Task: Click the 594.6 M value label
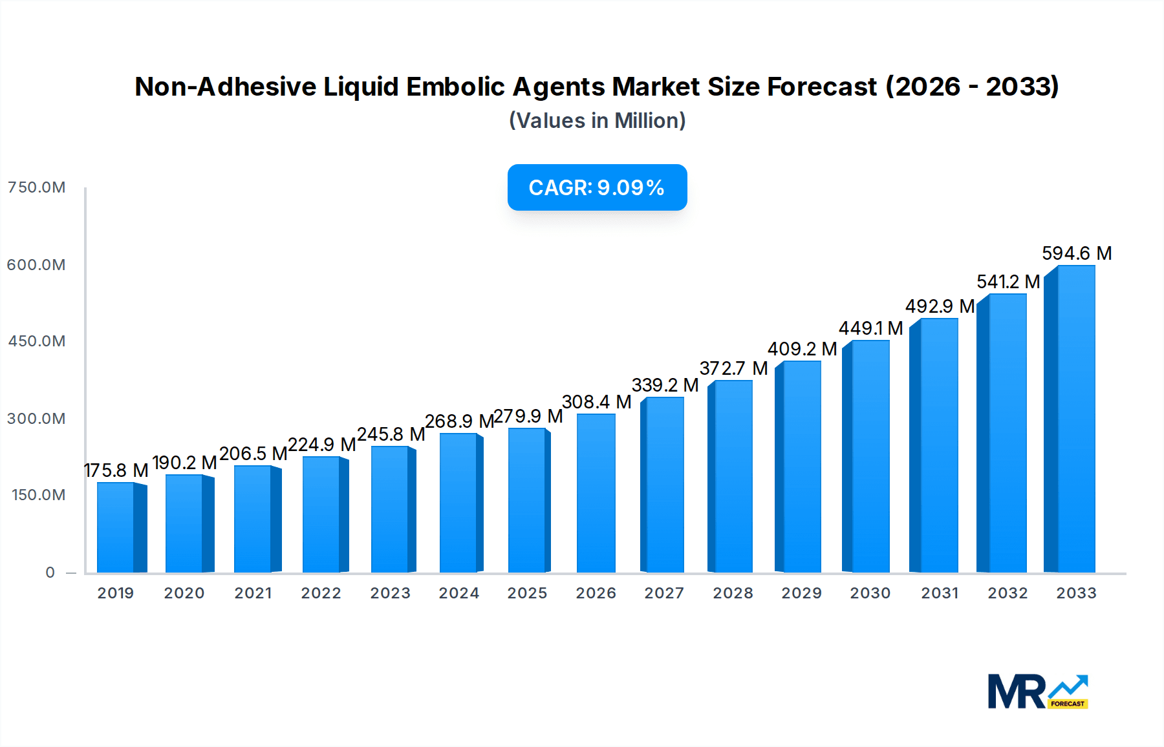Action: click(x=1077, y=253)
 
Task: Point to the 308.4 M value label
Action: click(x=596, y=402)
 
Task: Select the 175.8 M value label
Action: click(x=116, y=470)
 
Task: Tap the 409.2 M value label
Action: click(x=802, y=349)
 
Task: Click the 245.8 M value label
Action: click(x=391, y=434)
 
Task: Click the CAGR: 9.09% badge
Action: click(x=597, y=187)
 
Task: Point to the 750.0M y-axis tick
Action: click(x=36, y=187)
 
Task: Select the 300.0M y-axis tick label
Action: click(x=36, y=419)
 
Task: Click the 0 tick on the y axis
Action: click(x=50, y=573)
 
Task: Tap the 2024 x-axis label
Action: click(x=459, y=593)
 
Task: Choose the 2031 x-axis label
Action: click(x=940, y=593)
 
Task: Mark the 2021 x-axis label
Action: click(x=253, y=593)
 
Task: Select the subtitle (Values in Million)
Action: click(x=597, y=121)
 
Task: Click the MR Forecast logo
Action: click(x=1038, y=691)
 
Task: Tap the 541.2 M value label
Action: click(x=1008, y=282)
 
